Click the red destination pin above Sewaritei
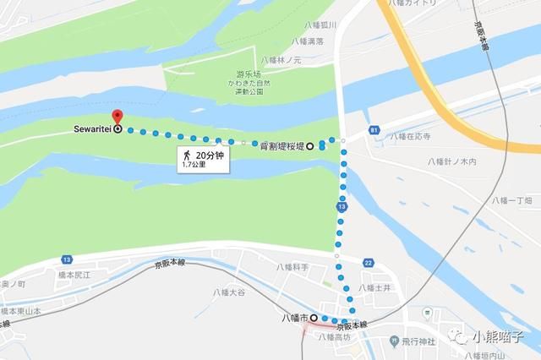click(117, 116)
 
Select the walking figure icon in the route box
click(184, 156)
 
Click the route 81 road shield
click(373, 131)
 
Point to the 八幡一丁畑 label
click(513, 201)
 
